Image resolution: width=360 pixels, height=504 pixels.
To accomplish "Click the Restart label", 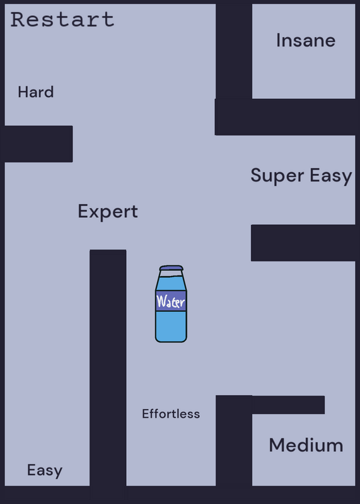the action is pos(62,20).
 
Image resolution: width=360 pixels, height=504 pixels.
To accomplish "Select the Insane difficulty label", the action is pos(306,40).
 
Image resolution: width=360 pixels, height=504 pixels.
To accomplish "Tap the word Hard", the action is pos(36,92).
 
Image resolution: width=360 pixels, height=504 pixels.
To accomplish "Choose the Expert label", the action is pos(108,212).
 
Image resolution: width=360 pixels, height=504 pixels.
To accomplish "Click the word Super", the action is pos(277,176).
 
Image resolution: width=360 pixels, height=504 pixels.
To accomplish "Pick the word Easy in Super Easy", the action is pos(331,176).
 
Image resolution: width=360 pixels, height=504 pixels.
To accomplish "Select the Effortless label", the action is pos(171,414).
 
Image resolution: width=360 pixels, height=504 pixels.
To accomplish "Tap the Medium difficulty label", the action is pos(306,445).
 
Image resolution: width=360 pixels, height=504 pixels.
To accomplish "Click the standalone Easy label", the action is pos(45,470).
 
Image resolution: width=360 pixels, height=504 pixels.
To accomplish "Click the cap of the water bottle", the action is pos(171,268).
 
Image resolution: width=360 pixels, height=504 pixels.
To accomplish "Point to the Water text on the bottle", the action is pos(170,302).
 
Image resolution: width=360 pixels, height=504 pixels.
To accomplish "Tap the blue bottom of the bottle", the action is pos(171,326).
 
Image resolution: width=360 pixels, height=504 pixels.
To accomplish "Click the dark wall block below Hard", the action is pos(37,144).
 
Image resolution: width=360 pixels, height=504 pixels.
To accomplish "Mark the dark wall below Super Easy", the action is pos(303,243).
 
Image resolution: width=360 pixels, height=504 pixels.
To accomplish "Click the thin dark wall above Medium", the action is pos(288,404).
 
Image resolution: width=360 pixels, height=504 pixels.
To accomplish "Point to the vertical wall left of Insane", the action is pos(234,51).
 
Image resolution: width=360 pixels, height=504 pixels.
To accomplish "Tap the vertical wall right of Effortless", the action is pos(234,440).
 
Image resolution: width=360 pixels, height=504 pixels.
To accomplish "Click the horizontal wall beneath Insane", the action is pos(285,117).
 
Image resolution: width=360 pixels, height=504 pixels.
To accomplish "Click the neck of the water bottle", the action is pos(171,273).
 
